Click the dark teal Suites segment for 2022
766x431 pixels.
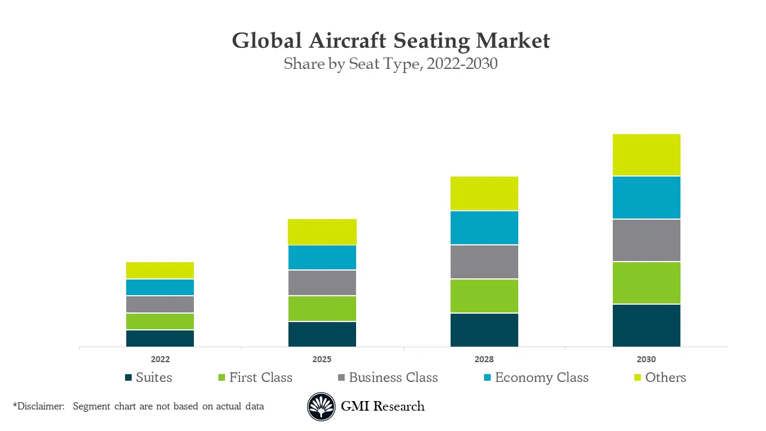tap(160, 338)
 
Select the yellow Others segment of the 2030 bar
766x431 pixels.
tap(646, 154)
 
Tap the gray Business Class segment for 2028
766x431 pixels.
tap(484, 262)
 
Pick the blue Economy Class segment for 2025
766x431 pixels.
tap(322, 257)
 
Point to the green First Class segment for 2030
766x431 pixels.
tap(646, 283)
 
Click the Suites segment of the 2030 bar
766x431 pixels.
tap(646, 325)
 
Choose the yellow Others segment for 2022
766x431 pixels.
tap(160, 270)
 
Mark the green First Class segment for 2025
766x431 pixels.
tap(322, 308)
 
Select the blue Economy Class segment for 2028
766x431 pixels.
tap(484, 227)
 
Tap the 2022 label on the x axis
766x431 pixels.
tap(160, 359)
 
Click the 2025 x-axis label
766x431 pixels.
tap(322, 359)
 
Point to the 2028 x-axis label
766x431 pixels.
tap(484, 359)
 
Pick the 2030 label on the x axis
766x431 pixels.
tap(646, 359)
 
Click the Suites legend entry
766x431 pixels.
tap(148, 378)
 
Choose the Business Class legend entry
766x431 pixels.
tap(387, 378)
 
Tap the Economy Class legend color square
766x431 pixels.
tap(487, 378)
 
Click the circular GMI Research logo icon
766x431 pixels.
tap(321, 407)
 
